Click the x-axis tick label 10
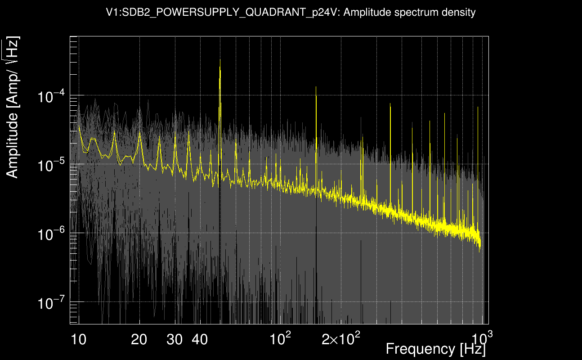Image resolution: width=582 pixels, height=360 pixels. coord(79,340)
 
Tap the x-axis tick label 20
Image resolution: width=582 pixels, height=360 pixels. coord(139,340)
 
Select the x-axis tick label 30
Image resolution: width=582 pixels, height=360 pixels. coord(175,340)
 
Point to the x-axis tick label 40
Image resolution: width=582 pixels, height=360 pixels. coord(200,340)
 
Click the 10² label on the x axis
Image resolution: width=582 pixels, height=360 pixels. coord(280,339)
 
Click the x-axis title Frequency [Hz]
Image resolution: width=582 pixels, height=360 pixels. coord(435,349)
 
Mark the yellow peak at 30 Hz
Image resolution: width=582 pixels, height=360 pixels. coord(175,137)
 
